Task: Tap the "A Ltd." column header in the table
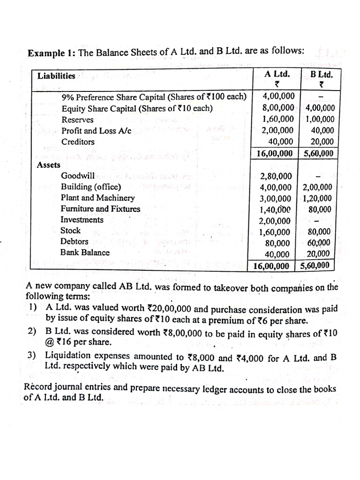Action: click(277, 74)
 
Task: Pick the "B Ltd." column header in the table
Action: click(322, 74)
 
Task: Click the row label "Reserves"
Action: click(77, 120)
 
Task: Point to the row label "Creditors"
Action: click(78, 142)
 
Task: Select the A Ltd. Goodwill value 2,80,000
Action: click(276, 176)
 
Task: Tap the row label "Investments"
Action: click(82, 220)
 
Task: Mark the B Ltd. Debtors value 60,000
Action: click(319, 242)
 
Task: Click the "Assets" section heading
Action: click(48, 165)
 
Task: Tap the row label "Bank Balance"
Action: click(85, 252)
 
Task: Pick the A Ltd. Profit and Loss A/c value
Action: click(277, 131)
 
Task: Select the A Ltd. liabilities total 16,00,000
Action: click(275, 153)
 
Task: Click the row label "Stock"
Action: click(70, 231)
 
